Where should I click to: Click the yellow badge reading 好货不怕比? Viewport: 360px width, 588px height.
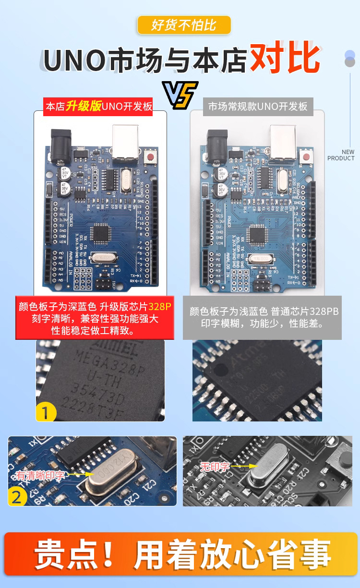coord(184,25)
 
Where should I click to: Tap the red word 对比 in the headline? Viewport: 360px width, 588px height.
coord(285,60)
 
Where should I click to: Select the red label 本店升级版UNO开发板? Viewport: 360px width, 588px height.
coord(99,107)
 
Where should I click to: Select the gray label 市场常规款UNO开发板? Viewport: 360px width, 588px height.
coord(258,107)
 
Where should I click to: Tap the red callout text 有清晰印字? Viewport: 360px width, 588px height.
coord(40,475)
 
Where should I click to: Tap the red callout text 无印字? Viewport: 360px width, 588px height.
coord(215,466)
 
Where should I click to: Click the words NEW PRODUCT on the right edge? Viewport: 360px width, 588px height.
coord(341,155)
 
